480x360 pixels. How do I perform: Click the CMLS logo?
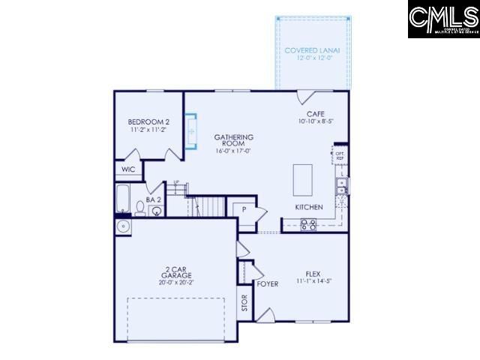click(443, 19)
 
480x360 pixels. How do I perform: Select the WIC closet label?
click(127, 169)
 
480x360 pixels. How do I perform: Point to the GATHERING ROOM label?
click(233, 142)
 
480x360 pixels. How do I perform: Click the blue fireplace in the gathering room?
click(190, 131)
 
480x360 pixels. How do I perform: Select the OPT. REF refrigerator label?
click(340, 155)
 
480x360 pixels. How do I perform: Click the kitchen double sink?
click(341, 186)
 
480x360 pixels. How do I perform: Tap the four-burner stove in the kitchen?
click(308, 223)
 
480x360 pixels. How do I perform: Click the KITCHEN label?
click(308, 207)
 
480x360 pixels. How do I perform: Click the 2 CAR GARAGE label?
click(175, 275)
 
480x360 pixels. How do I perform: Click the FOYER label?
click(268, 284)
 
